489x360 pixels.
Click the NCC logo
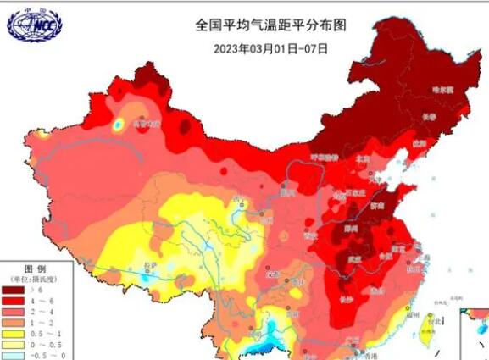click(x=34, y=25)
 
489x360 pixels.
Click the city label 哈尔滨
click(x=443, y=89)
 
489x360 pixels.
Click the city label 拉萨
click(x=150, y=265)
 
